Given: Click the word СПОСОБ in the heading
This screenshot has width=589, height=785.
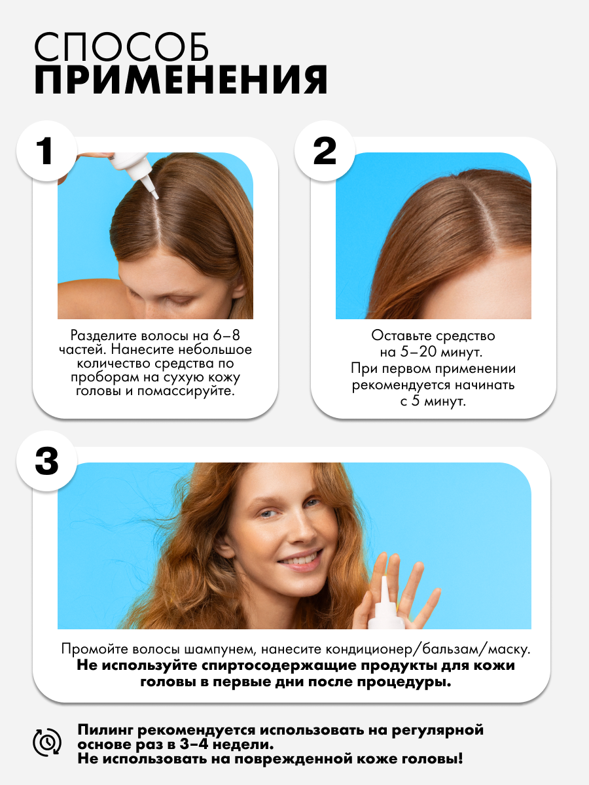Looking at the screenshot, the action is (x=122, y=47).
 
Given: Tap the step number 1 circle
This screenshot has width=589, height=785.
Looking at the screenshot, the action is (x=47, y=151).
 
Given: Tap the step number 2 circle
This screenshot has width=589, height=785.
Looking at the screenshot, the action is (x=325, y=151).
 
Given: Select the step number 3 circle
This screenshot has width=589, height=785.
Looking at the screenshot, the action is (x=47, y=461).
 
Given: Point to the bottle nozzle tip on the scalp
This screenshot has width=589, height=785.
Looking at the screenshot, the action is (x=156, y=197).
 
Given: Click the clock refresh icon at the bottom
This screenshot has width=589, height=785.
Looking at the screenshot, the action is (x=47, y=742).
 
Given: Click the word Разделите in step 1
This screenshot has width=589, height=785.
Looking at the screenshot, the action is (x=103, y=336).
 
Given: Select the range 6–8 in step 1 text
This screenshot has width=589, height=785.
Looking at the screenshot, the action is (x=226, y=336).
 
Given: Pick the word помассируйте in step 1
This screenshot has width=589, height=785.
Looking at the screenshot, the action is (x=186, y=391).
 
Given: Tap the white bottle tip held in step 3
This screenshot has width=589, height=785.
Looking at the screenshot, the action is (x=384, y=580).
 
